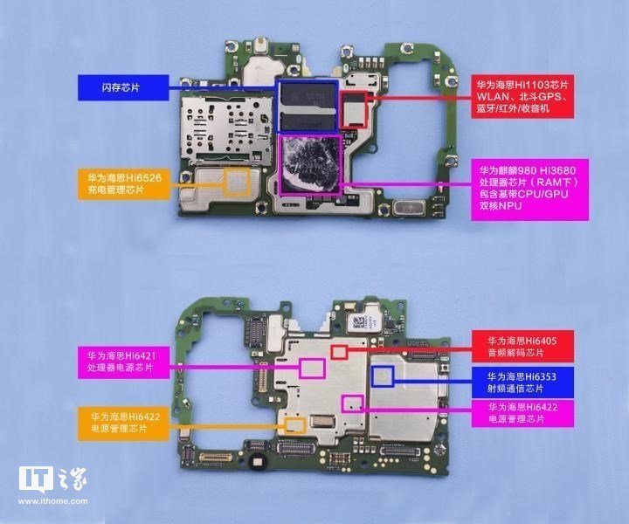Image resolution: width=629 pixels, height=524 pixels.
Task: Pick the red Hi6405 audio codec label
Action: coord(522,346)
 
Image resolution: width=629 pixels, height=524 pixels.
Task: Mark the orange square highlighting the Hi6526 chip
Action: coord(237,181)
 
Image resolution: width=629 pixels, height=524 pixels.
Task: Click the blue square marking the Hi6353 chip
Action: coord(383,377)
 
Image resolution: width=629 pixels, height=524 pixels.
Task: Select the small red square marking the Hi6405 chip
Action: coord(339,350)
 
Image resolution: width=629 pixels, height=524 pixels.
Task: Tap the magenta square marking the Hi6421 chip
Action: coord(312,368)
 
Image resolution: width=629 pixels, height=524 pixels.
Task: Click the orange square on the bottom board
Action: coord(294,425)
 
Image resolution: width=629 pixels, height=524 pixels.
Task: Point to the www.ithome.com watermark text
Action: coord(51,504)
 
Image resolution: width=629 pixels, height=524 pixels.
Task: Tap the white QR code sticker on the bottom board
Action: coord(360,323)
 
